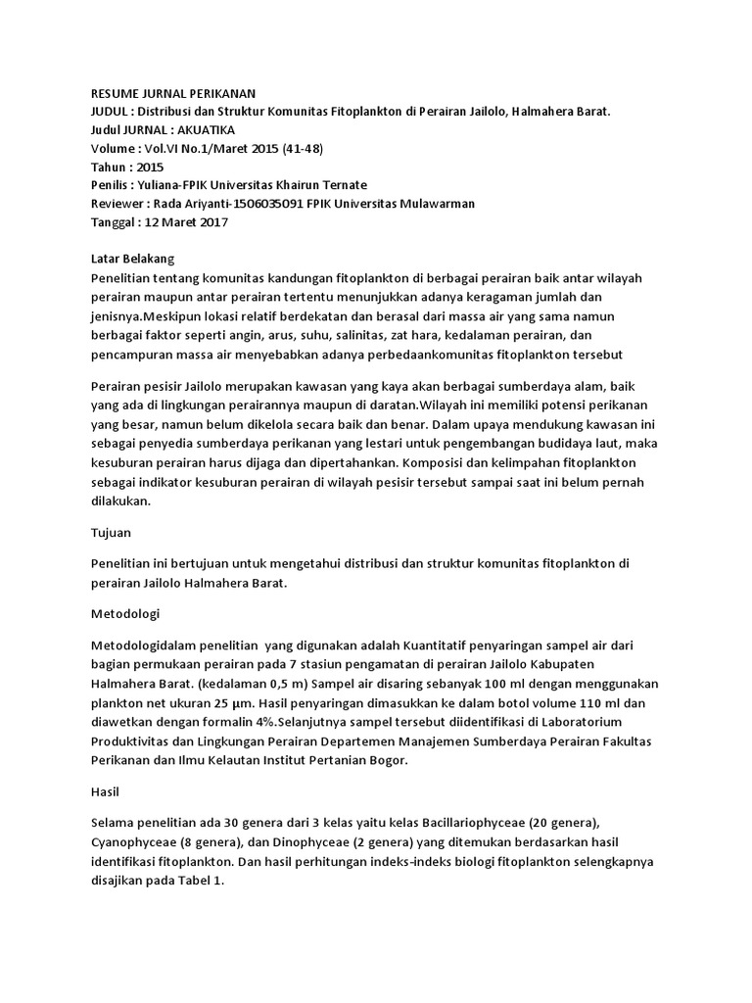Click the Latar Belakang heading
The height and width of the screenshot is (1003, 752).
click(x=131, y=260)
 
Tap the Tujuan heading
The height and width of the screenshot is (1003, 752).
click(x=111, y=533)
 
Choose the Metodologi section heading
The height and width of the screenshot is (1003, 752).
click(x=125, y=614)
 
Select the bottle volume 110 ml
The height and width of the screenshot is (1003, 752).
click(x=591, y=703)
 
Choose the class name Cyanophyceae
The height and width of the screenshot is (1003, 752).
click(x=133, y=841)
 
